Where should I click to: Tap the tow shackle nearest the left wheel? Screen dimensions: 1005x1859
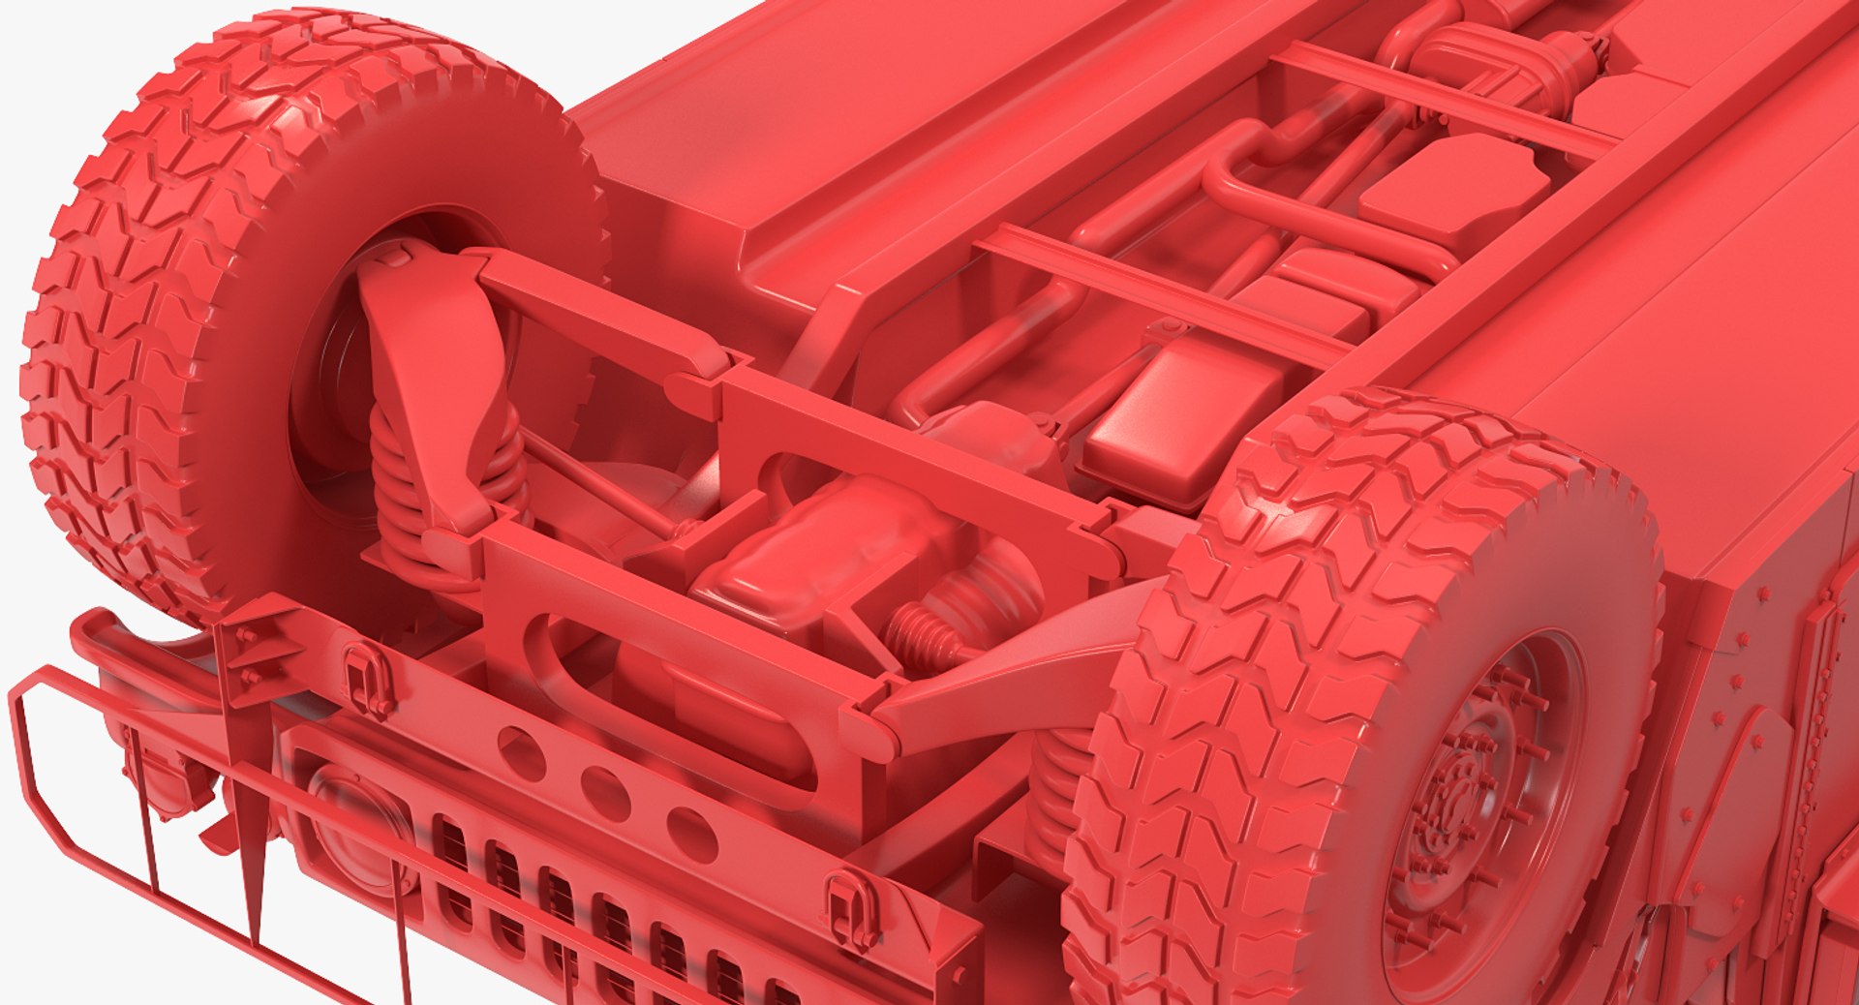coord(366,680)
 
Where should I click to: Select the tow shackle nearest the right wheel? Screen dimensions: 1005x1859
coord(849,909)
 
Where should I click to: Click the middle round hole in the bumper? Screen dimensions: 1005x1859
coord(604,794)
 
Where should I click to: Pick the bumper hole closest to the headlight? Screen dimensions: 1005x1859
coord(521,752)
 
